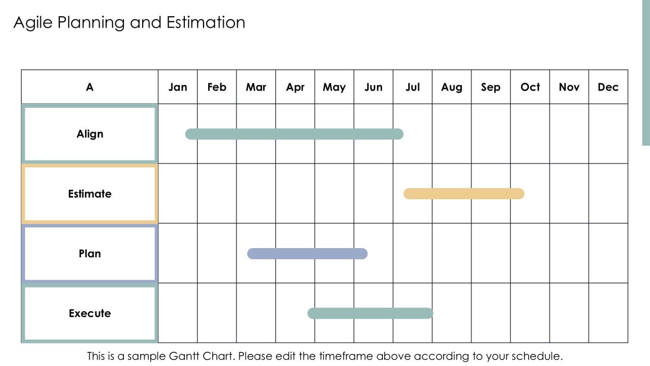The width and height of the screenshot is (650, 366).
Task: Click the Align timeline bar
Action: [294, 134]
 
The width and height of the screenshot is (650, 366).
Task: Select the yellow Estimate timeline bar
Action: [464, 194]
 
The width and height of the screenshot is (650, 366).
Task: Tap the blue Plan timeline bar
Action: [307, 254]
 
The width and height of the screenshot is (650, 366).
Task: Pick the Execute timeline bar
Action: [370, 313]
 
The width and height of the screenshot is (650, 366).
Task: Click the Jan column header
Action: [178, 87]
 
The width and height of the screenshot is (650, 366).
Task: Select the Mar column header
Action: [256, 87]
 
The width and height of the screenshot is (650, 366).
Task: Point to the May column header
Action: [334, 87]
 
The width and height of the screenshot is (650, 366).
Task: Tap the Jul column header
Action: [413, 87]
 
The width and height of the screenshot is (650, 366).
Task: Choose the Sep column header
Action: [491, 87]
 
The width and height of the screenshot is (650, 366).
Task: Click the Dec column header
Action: [608, 87]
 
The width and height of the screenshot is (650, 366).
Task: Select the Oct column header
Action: [530, 87]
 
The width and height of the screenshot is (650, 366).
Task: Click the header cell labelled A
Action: [90, 87]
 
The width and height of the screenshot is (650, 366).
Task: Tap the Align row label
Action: [90, 134]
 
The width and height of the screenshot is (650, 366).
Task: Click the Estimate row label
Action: [90, 194]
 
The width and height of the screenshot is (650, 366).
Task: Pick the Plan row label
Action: [90, 254]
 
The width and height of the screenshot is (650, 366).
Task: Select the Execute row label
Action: [90, 313]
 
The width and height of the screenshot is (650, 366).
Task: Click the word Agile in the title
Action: [33, 23]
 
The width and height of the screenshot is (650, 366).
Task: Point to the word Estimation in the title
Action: [206, 22]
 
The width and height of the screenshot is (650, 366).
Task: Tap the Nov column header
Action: [569, 87]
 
